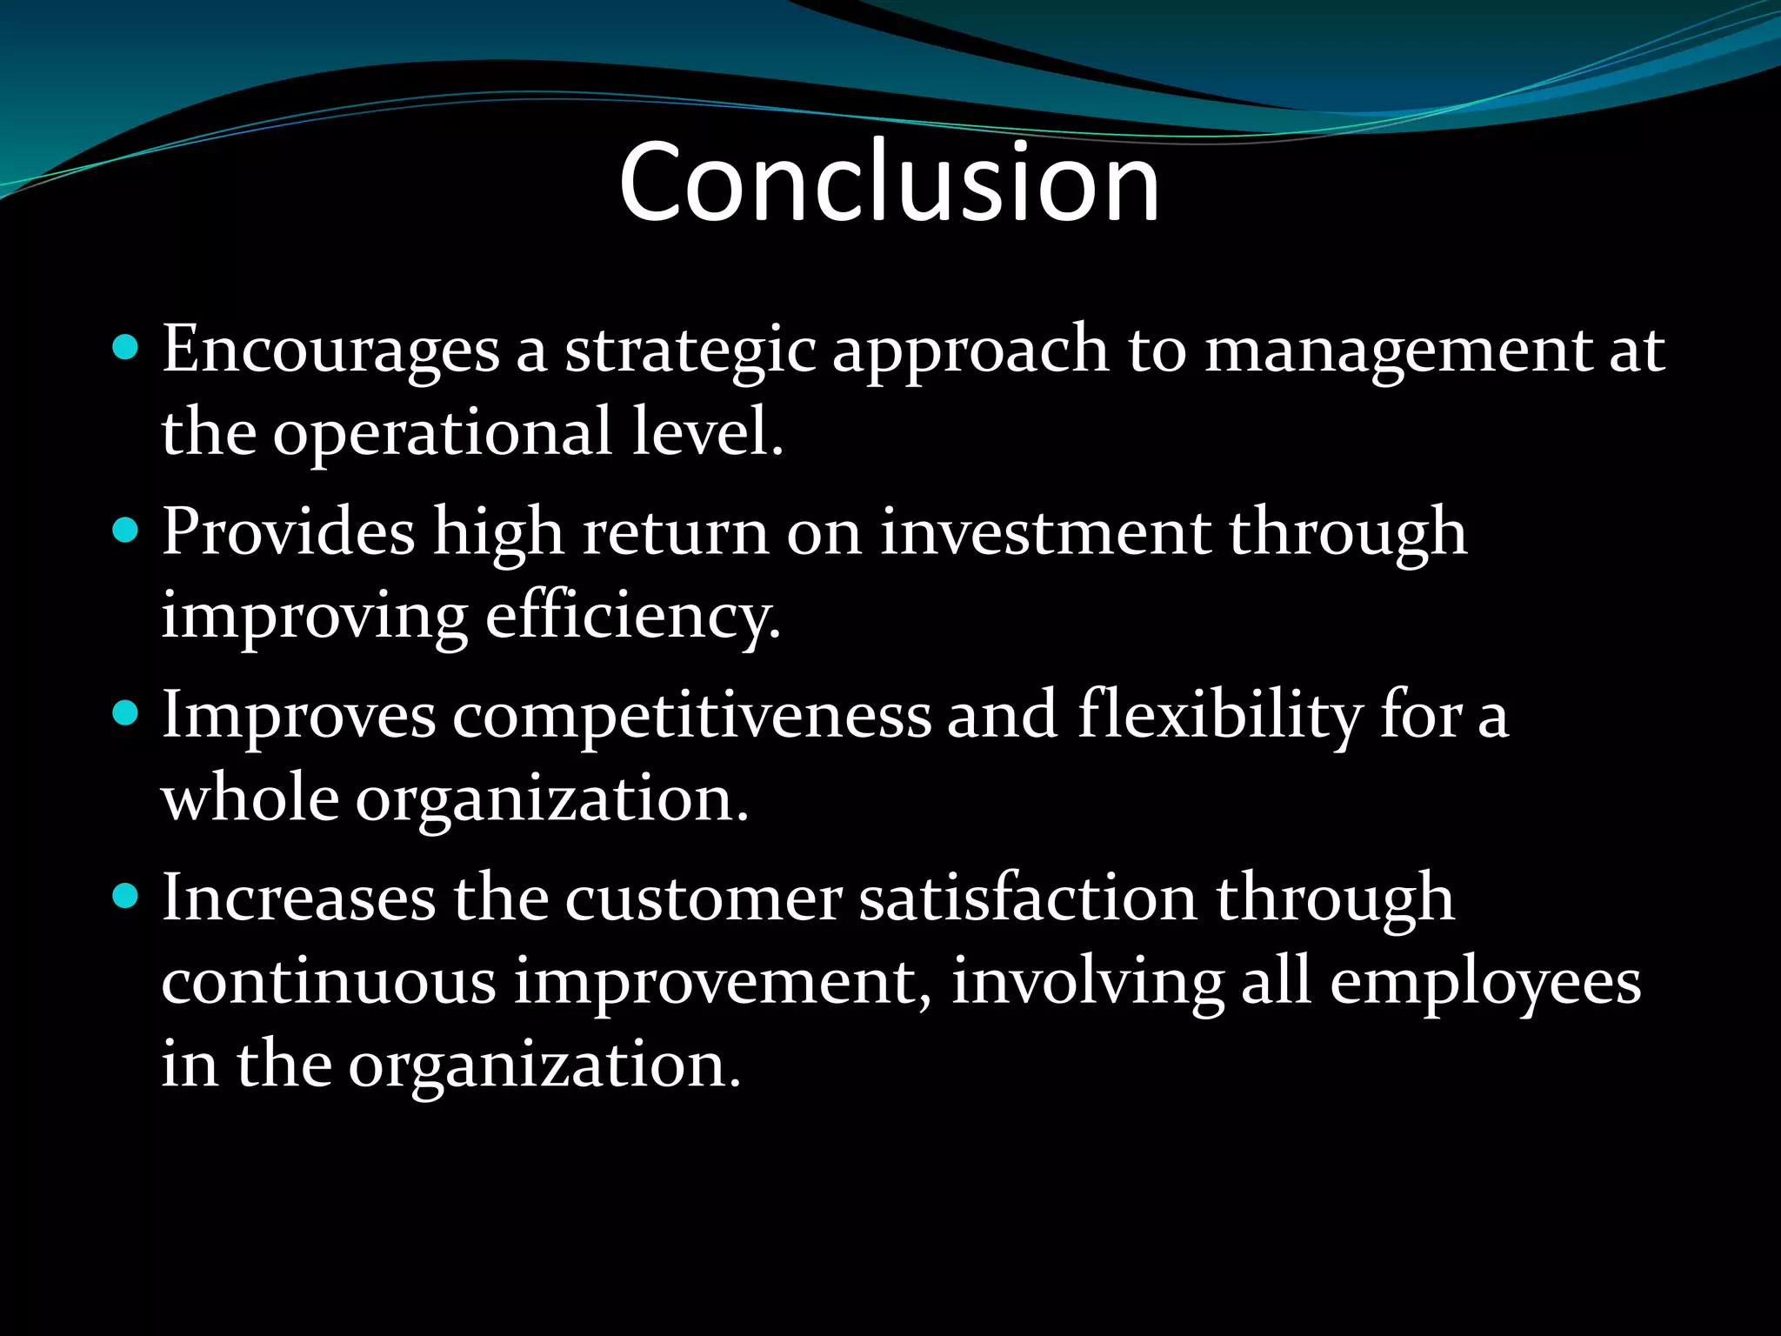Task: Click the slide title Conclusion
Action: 889,182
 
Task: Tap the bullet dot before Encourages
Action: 126,348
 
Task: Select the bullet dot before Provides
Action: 126,531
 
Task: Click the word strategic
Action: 690,351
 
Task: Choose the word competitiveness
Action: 690,715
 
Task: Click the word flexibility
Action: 1220,715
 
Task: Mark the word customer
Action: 704,898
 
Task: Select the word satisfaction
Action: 1028,898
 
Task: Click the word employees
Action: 1485,983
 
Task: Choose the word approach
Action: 971,351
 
